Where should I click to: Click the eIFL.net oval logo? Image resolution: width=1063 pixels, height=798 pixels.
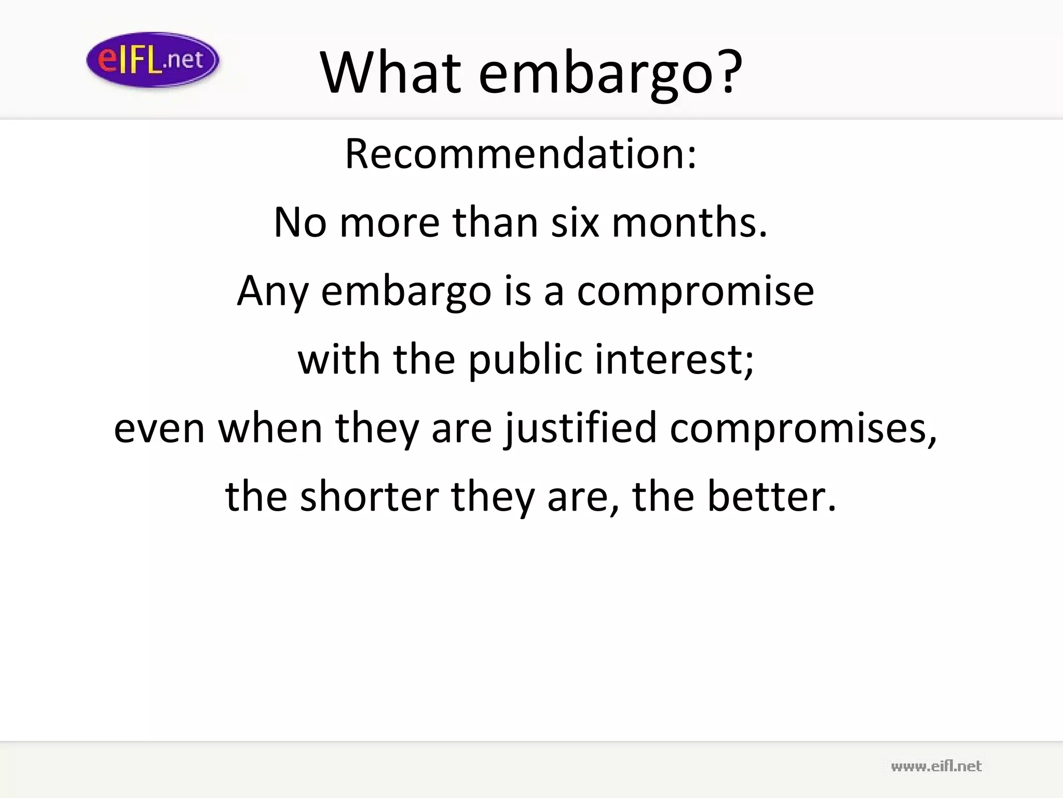[153, 60]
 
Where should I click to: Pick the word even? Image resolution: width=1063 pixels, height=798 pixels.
[159, 429]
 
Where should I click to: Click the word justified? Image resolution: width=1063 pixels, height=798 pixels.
[580, 429]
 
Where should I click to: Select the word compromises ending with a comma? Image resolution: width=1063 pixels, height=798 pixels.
[803, 429]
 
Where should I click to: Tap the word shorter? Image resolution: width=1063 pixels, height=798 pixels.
[370, 496]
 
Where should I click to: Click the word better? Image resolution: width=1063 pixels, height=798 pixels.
[766, 496]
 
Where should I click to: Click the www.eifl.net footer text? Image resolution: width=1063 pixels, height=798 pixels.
[936, 766]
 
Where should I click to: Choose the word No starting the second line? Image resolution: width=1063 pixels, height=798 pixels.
[300, 222]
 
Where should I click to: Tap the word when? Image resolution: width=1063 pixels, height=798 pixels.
[270, 429]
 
